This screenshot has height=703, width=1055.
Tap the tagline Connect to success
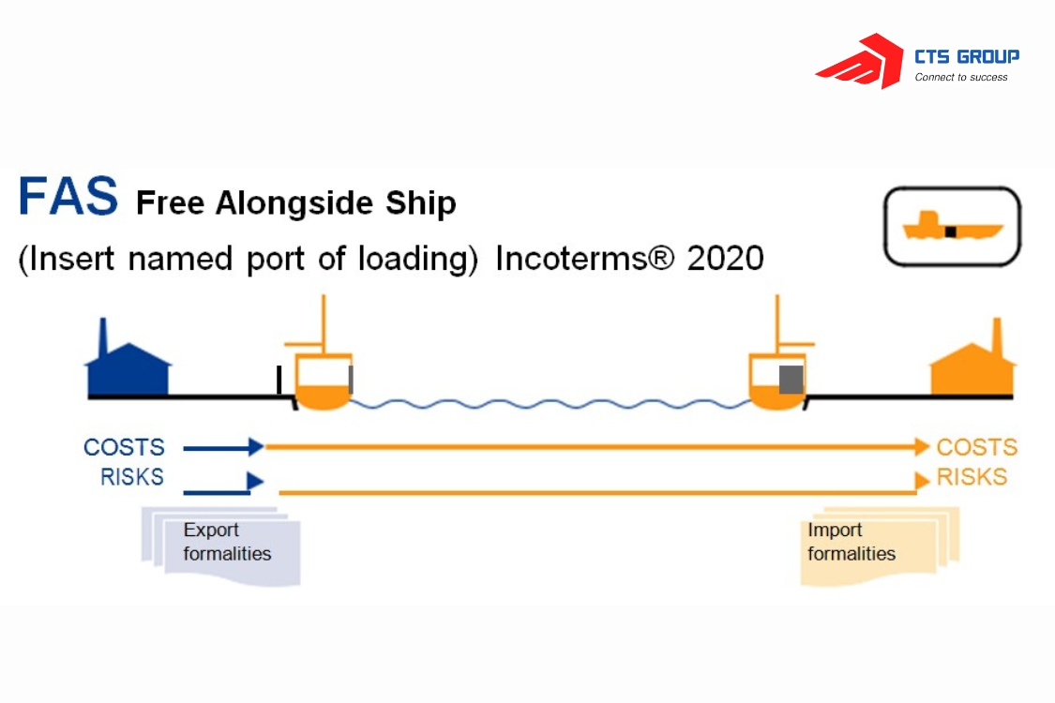click(961, 78)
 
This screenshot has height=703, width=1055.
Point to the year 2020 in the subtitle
click(725, 258)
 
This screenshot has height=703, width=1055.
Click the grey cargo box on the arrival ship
click(791, 380)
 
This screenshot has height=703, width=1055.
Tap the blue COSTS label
click(124, 448)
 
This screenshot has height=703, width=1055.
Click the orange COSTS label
click(976, 448)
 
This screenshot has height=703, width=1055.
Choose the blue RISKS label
click(132, 477)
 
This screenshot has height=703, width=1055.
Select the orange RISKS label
click(972, 477)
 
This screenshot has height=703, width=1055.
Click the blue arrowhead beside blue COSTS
click(256, 447)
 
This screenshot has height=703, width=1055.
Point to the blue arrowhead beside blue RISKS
click(254, 482)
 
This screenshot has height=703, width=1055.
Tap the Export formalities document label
click(227, 542)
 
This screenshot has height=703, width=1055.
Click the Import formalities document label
click(851, 542)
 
